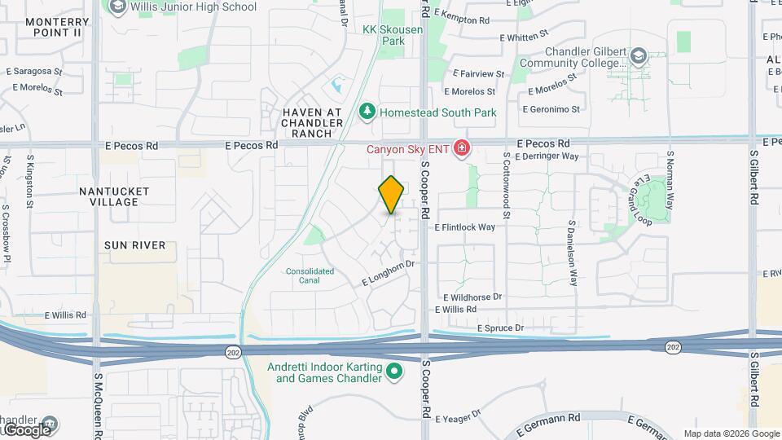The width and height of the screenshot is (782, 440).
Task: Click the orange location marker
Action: point(392,195)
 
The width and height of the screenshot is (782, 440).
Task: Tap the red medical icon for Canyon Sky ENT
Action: point(461,147)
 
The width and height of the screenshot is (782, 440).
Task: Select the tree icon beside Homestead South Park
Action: point(367,112)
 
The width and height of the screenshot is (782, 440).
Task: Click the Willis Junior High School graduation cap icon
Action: point(116,7)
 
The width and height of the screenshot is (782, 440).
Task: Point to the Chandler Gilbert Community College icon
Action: point(639,56)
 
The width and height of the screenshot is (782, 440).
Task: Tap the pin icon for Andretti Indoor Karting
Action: point(395,372)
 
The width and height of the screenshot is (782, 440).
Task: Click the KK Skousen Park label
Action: point(383,34)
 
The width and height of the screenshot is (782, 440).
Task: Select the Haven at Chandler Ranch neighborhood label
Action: point(306,122)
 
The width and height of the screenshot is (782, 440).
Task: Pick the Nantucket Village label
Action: point(115,196)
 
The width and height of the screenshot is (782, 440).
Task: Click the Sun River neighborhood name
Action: point(134,244)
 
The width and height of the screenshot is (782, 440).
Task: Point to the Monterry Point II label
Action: point(51,27)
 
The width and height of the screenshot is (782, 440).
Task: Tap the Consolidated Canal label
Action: point(310,275)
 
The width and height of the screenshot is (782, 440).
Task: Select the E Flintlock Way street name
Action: point(465,227)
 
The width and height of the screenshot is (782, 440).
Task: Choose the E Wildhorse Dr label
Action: point(472,297)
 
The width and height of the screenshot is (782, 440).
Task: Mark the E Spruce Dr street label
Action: point(501,328)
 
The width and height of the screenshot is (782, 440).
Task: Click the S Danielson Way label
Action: point(573,253)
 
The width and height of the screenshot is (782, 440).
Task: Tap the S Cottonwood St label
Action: point(506,186)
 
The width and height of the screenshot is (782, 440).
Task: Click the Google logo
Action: point(26,429)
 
